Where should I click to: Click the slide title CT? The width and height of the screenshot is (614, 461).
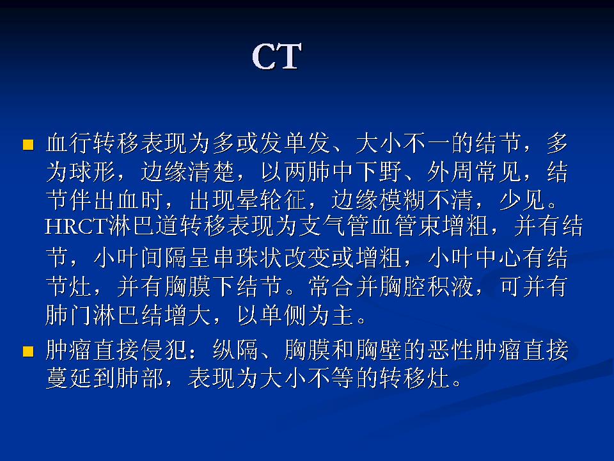[x=276, y=58]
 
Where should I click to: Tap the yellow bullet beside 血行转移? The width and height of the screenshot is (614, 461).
[x=28, y=145]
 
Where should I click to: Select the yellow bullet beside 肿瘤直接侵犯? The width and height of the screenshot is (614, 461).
[x=28, y=352]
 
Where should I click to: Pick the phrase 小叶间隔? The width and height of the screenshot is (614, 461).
[x=138, y=258]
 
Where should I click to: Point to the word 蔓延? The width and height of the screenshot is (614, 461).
[x=68, y=379]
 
